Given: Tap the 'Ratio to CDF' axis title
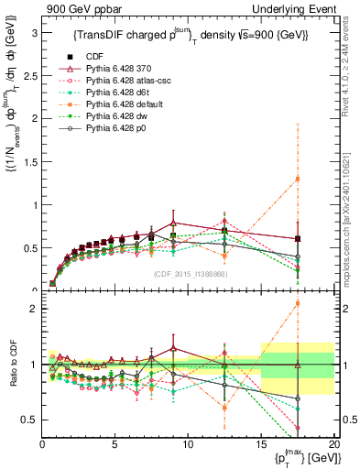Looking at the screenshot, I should (x=12, y=377).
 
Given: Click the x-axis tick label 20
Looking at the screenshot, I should (x=333, y=445).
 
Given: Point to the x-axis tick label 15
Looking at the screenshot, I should (x=261, y=445).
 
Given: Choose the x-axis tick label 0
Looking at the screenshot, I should (x=43, y=445).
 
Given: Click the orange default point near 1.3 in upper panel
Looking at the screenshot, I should (x=297, y=179).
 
